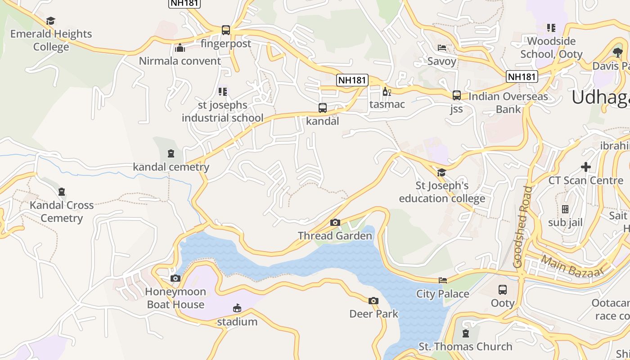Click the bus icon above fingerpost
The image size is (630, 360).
(x=226, y=30)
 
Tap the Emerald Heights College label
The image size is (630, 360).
(x=51, y=40)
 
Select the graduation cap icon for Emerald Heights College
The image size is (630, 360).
(x=50, y=21)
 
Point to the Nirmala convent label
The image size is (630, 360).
(x=180, y=61)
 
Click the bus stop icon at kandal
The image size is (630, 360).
(x=322, y=108)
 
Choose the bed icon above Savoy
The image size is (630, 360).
(x=442, y=48)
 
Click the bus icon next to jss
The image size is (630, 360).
(x=456, y=95)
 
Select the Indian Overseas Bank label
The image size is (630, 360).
(x=508, y=103)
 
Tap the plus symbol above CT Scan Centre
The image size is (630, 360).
(x=585, y=167)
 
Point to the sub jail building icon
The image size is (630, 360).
(x=565, y=209)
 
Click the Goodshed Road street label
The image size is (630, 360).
(x=523, y=227)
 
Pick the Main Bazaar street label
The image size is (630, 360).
(x=571, y=266)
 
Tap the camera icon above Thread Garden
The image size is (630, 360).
(x=335, y=222)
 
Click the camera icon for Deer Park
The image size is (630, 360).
(x=373, y=301)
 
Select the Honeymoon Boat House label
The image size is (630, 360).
(x=175, y=298)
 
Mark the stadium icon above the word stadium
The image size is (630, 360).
(x=237, y=308)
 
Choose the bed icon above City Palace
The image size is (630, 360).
(x=443, y=280)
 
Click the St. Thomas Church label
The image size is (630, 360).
(x=465, y=346)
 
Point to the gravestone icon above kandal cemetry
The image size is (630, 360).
(x=171, y=154)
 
